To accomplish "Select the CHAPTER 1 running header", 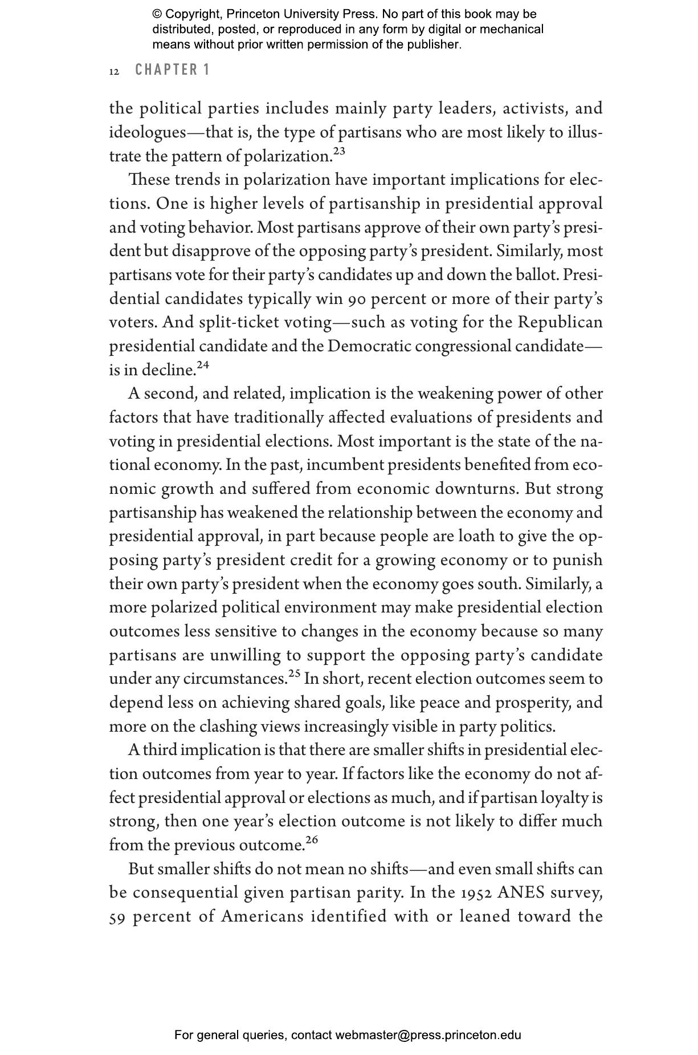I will (173, 70).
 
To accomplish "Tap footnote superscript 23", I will (339, 151).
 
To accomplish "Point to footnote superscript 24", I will (203, 365).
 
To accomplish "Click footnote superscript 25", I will (294, 673).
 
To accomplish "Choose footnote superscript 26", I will (312, 839).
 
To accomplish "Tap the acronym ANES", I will (519, 892).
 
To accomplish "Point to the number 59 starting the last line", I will (117, 916).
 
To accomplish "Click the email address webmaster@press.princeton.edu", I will (428, 1035).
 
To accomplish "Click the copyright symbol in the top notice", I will (157, 14).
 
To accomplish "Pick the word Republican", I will (560, 323).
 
